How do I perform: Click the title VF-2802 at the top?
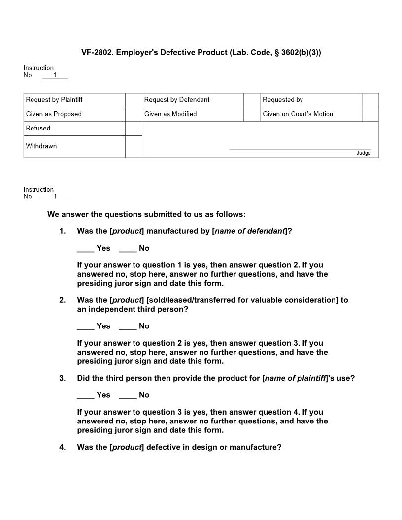coord(201,52)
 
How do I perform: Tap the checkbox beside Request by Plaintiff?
coord(134,100)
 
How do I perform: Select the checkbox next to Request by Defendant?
coord(252,100)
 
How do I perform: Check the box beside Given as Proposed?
coord(134,114)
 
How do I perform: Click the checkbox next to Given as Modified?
coord(252,114)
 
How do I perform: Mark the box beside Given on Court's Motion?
coord(370,114)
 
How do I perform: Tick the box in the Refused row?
coord(134,129)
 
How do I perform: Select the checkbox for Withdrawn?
coord(134,146)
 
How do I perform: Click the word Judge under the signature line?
coord(364,153)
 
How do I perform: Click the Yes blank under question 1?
coord(85,249)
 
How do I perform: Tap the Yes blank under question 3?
coord(85,395)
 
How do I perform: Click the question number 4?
coord(63,447)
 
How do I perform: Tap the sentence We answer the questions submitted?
coord(146,214)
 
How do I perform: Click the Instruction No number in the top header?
coord(55,75)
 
